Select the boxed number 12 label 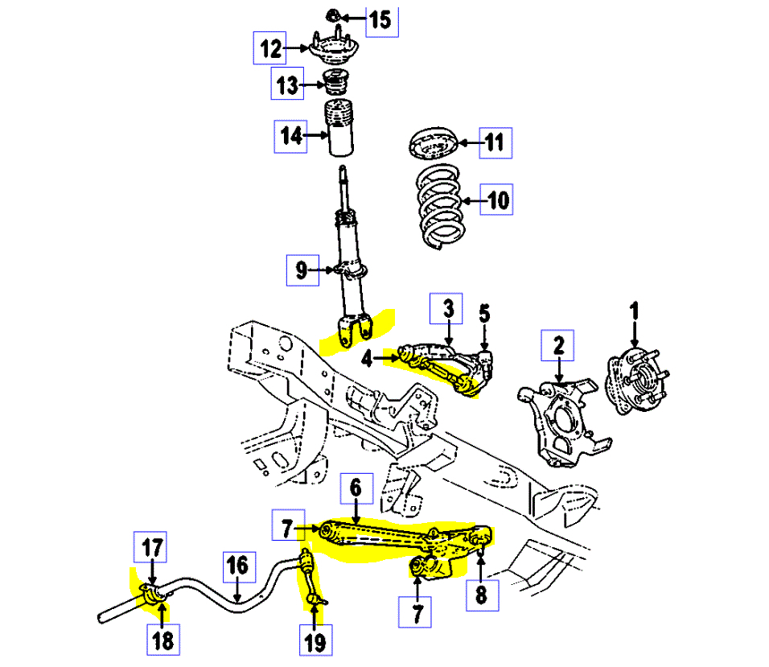click(269, 48)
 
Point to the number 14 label click(291, 136)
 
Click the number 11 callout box click(494, 144)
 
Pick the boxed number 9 click(301, 271)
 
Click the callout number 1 click(634, 310)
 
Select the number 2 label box click(557, 347)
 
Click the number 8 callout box click(481, 595)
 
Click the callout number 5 click(484, 312)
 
